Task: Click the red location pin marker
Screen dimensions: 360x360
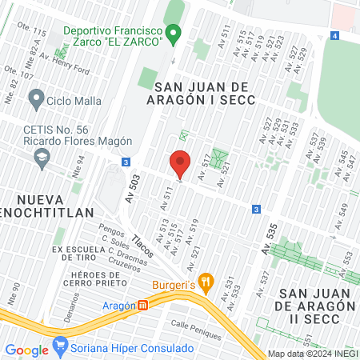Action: [x=181, y=163]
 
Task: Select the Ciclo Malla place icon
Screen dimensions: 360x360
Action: [x=35, y=100]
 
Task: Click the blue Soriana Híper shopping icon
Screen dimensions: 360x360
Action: [x=59, y=348]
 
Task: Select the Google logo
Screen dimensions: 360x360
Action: [x=26, y=350]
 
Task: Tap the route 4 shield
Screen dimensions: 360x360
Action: [x=333, y=36]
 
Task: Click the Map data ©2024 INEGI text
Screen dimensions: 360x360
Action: [x=311, y=354]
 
